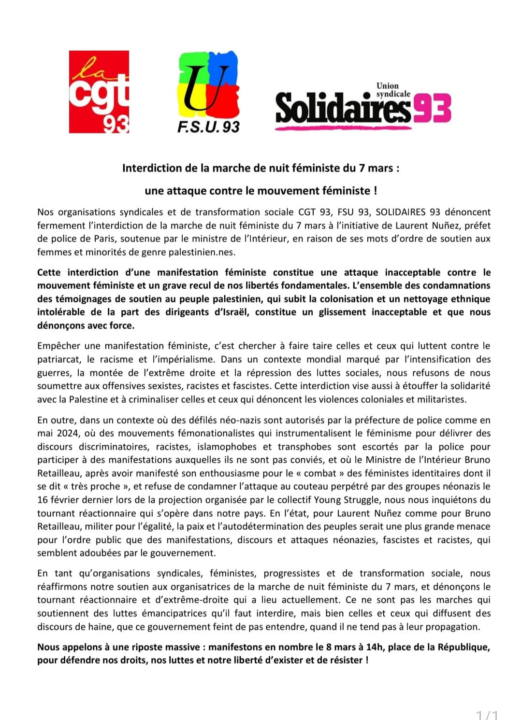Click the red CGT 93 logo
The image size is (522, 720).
[x=99, y=92]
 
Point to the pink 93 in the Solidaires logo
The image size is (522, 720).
[x=432, y=108]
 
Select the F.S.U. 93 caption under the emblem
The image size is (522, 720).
[x=208, y=127]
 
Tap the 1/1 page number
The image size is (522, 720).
[x=487, y=715]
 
